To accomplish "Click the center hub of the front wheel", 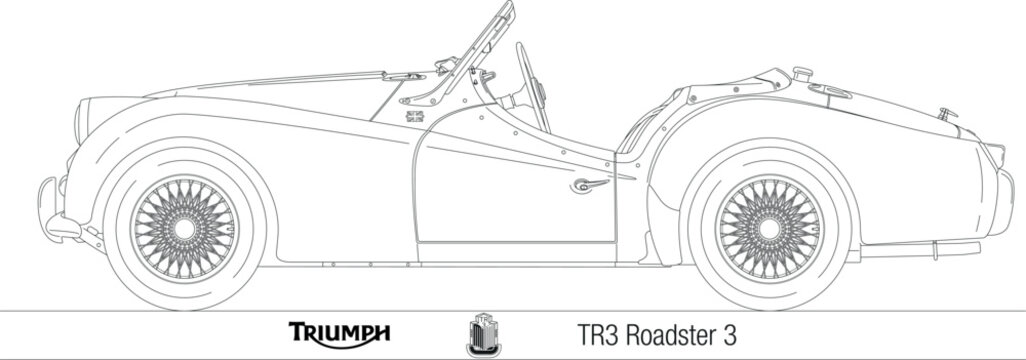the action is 184,229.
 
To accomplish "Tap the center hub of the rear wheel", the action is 769,229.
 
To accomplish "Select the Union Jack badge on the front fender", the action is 415,117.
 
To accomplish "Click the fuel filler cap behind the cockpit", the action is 801,74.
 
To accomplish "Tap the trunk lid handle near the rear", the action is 946,113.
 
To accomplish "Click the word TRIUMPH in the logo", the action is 340,332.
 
